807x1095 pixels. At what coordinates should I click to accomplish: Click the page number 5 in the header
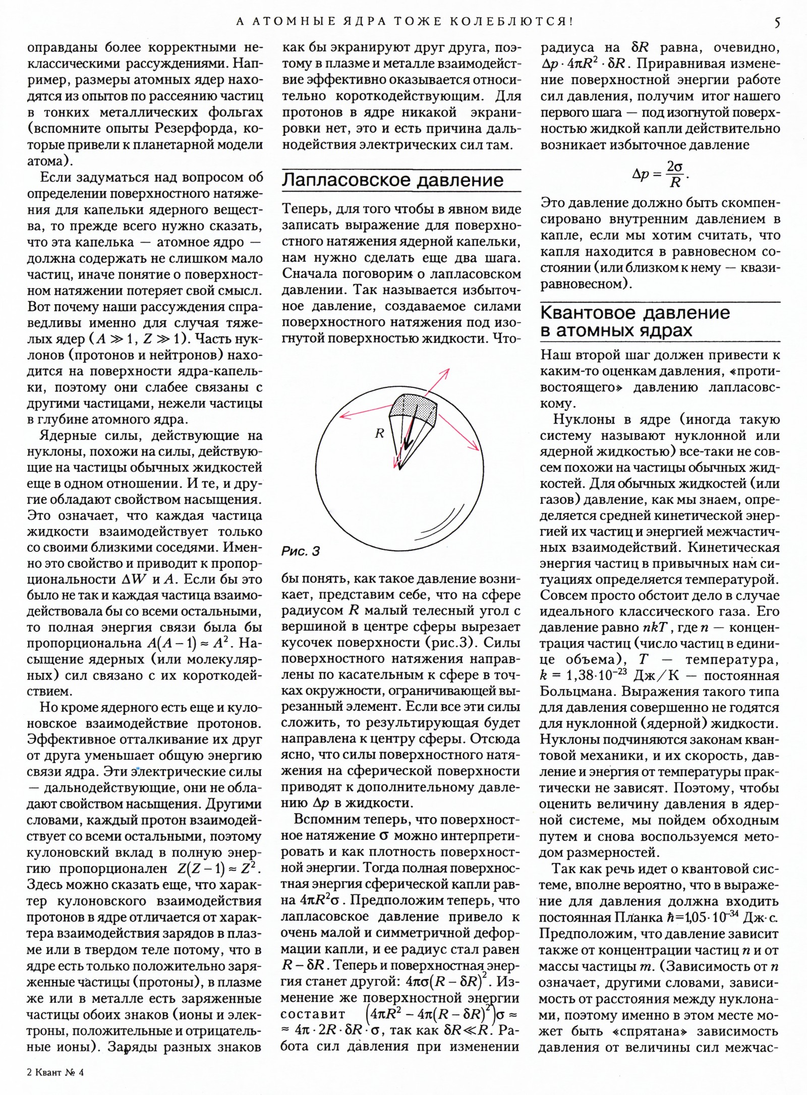click(777, 22)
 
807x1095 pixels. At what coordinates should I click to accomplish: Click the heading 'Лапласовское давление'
click(392, 180)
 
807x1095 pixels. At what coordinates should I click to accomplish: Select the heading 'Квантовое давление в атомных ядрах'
click(635, 322)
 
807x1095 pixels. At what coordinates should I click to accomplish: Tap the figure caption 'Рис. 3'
click(301, 551)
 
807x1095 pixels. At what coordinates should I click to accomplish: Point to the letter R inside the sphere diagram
click(380, 433)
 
